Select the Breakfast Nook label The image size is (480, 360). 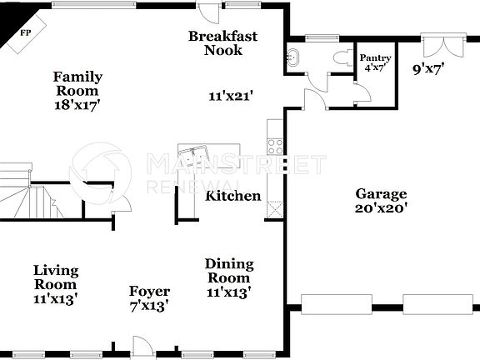pos(222,43)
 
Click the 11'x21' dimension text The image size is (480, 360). pos(230,96)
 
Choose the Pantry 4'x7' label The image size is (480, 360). pos(374,62)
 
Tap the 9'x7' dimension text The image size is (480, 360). pos(429,69)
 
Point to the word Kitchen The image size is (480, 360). pos(233,197)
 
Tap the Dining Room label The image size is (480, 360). pos(229,277)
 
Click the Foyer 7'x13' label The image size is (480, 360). pos(149,298)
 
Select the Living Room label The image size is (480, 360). pos(56,283)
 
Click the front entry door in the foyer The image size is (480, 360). pos(142,346)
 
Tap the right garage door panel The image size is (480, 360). pos(437,304)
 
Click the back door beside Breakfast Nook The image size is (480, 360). pos(209,12)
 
